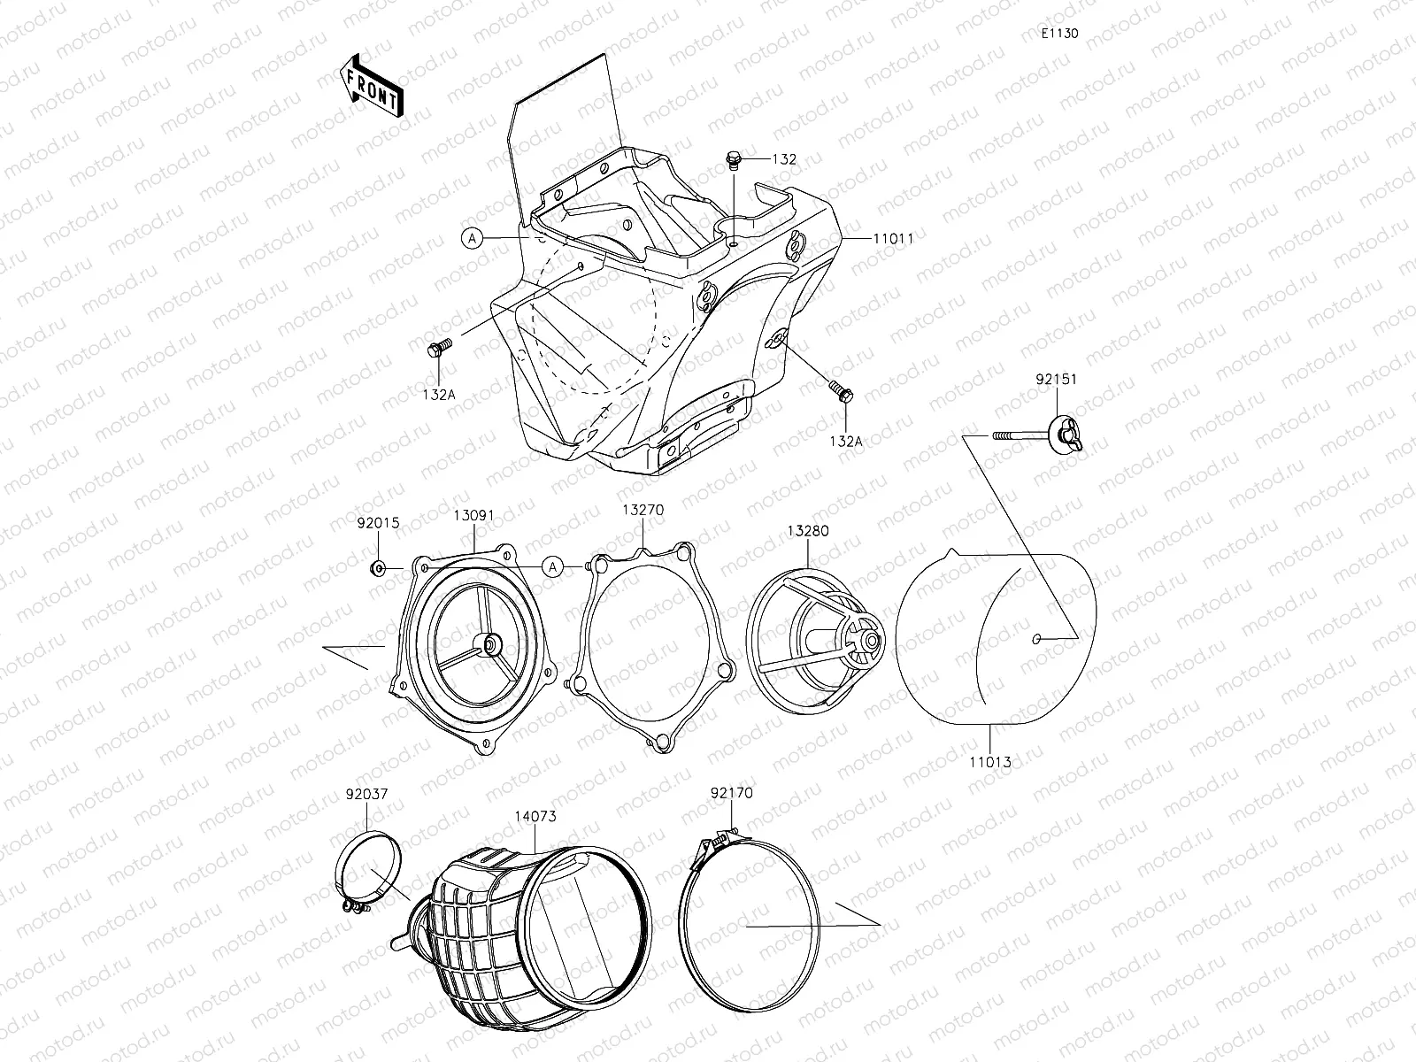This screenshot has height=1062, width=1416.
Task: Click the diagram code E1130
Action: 1059,34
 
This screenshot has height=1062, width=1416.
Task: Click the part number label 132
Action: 783,160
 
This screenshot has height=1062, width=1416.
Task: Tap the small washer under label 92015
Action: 378,567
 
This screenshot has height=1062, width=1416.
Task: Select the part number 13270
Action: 643,510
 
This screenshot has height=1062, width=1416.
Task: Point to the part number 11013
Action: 989,761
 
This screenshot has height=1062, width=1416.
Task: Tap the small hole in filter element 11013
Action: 1037,638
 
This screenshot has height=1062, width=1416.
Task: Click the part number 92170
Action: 731,793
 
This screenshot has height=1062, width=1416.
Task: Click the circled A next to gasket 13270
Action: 553,566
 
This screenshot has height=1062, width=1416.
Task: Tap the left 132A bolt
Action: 439,348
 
